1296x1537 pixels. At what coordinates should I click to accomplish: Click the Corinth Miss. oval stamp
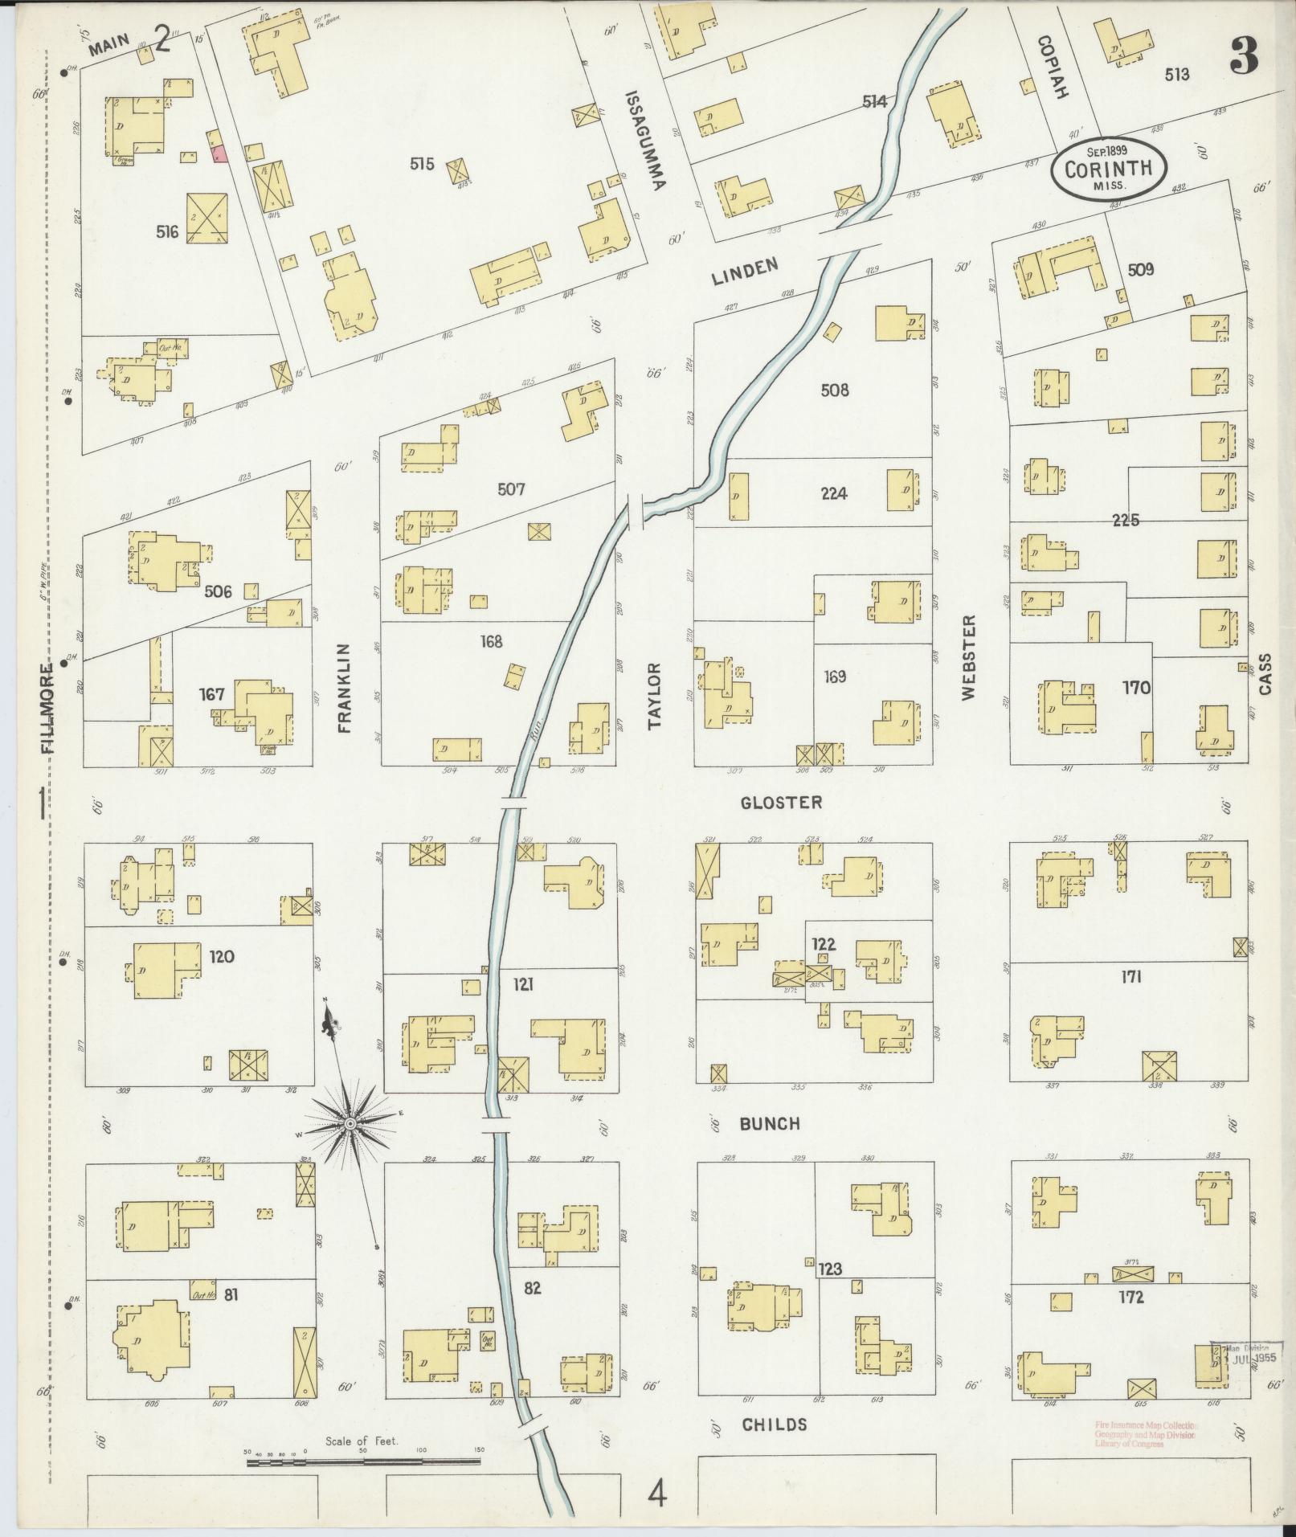click(x=1107, y=170)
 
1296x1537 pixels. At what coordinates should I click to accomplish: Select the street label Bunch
click(x=770, y=1124)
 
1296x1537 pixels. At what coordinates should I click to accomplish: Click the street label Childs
click(x=774, y=1425)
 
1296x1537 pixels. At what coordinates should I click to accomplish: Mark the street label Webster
click(x=968, y=657)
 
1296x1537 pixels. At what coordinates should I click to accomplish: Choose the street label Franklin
click(x=345, y=688)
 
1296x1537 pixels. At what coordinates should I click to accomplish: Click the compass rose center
click(x=351, y=1122)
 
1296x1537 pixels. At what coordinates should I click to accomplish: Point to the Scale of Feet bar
click(x=363, y=1461)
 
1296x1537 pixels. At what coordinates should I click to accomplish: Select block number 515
click(x=421, y=164)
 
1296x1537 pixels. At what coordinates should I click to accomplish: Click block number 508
click(x=835, y=390)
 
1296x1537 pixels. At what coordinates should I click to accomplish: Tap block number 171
click(x=1130, y=977)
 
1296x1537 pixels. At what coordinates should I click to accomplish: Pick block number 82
click(x=531, y=1287)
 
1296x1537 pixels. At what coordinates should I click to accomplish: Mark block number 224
click(x=834, y=494)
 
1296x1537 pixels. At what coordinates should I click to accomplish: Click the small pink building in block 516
click(x=218, y=154)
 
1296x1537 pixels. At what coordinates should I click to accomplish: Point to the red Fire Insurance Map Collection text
click(x=1144, y=1434)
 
